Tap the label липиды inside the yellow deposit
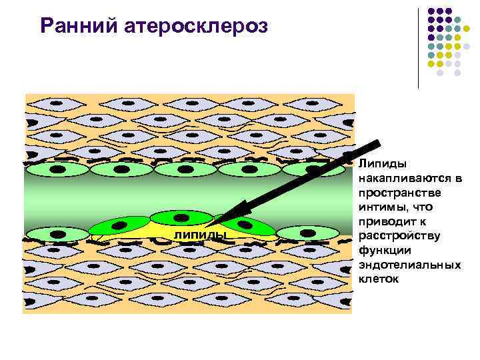click(200, 235)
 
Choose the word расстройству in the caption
click(395, 235)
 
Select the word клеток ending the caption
click(377, 279)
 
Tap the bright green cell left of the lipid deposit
click(119, 228)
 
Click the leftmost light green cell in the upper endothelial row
click(56, 170)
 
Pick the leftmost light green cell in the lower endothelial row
click(56, 235)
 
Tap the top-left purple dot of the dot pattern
click(432, 11)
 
